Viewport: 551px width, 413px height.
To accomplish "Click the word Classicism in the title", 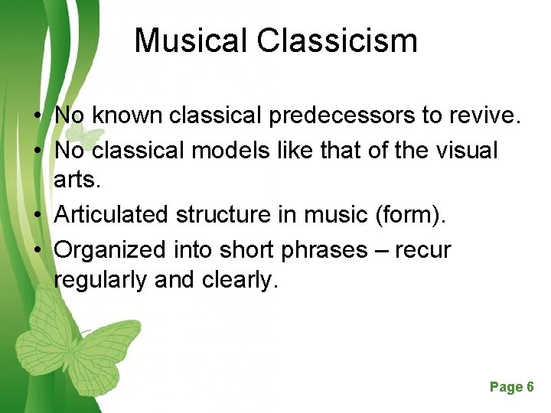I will pos(337,41).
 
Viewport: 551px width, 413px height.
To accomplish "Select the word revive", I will pos(487,116).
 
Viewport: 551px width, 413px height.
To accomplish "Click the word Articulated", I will pos(112,215).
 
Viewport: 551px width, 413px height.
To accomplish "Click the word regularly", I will pos(102,281).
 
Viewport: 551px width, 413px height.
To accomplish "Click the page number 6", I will pos(530,387).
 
